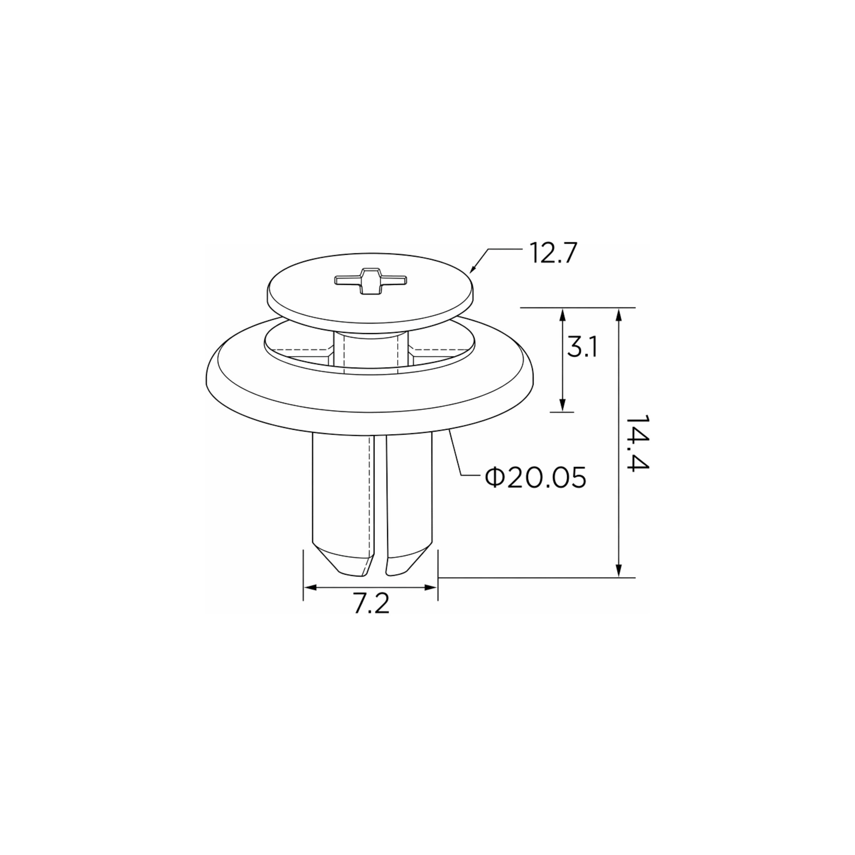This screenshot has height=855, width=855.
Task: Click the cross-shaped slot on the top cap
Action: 371,280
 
